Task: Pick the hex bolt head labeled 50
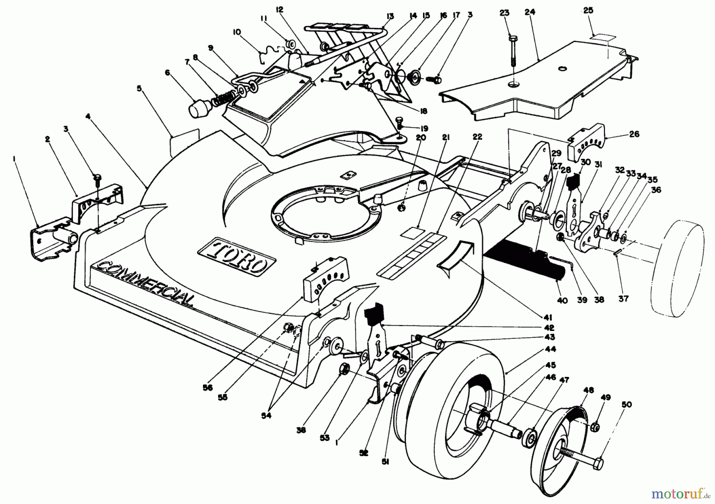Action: pos(598,463)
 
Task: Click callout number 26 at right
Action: pos(634,134)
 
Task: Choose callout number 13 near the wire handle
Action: pos(390,16)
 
